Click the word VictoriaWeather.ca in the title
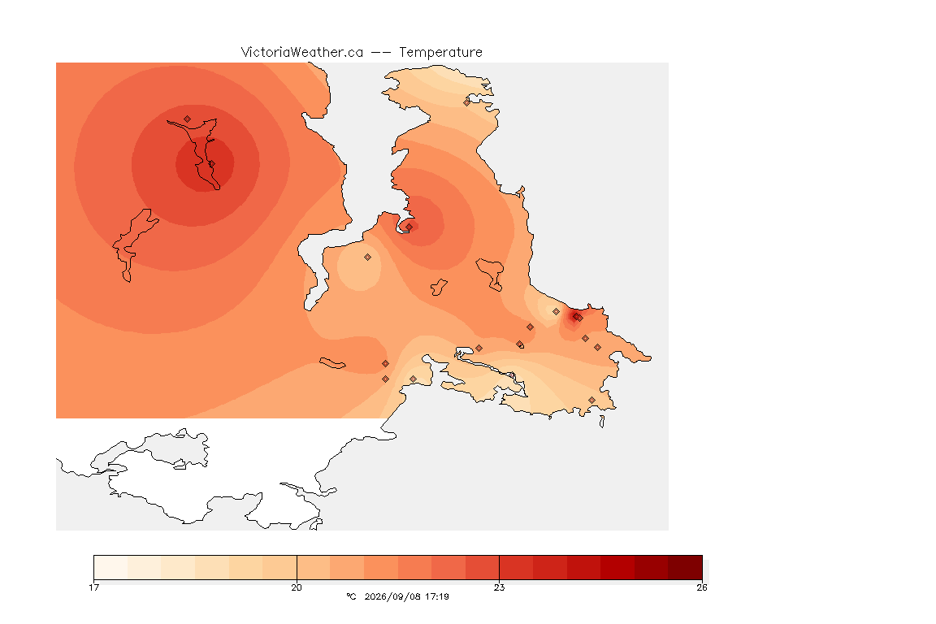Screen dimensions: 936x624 point(302,53)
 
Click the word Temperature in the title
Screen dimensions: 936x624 point(440,53)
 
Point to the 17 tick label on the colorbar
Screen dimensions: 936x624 point(93,587)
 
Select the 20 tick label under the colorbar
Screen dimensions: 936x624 point(297,587)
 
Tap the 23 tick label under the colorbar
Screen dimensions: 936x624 point(499,587)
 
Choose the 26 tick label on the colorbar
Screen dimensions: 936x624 point(702,587)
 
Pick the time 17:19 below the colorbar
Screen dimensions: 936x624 point(437,596)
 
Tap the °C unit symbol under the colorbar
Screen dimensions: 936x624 point(351,596)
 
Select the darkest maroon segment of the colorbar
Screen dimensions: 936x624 point(685,567)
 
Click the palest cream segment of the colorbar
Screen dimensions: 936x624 point(110,567)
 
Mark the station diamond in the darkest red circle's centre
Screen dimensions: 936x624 point(211,163)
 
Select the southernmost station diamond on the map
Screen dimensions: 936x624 point(591,400)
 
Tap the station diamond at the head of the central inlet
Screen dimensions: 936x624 point(409,227)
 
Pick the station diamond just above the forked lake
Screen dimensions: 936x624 point(188,119)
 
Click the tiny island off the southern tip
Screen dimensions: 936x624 point(602,422)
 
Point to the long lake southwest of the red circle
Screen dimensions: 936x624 point(134,244)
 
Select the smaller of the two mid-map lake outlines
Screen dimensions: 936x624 point(439,287)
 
